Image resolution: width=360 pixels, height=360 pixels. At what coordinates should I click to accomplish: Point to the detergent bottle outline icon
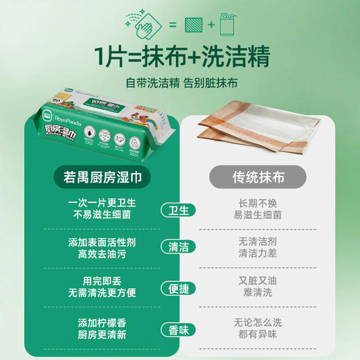224,25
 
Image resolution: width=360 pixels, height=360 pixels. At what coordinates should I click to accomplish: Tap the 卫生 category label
179,210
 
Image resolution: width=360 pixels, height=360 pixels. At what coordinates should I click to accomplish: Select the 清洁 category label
179,247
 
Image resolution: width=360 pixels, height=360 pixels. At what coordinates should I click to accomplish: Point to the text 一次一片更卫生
100,203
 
